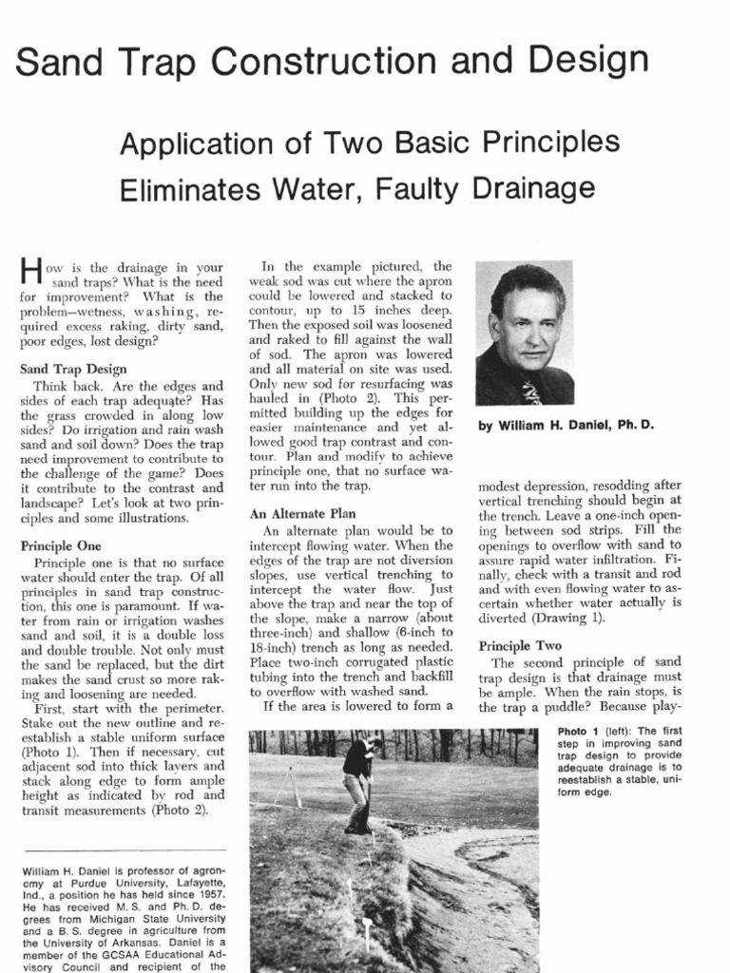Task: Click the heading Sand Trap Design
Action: pos(74,369)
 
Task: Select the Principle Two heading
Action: pos(520,645)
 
